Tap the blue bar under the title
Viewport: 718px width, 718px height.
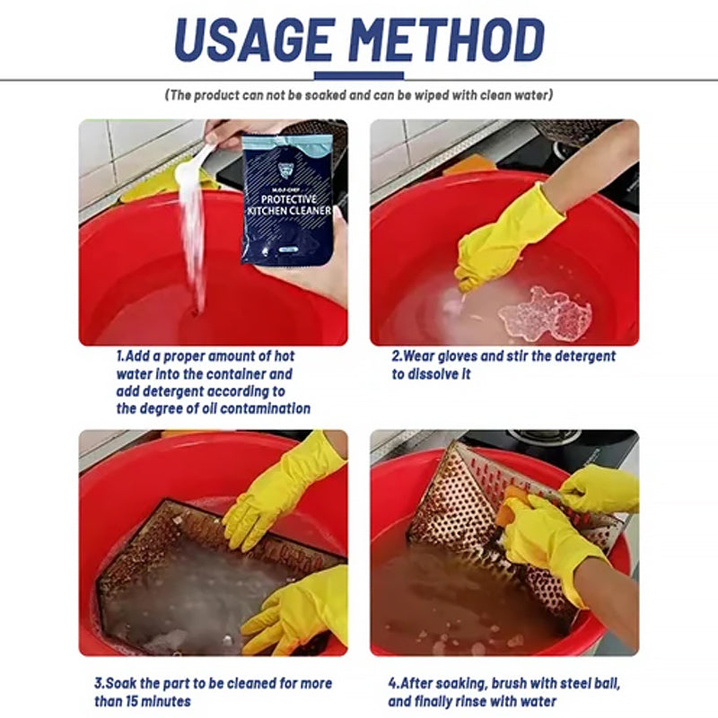coord(358,76)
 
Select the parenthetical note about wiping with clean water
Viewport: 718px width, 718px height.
coord(358,95)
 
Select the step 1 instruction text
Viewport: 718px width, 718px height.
coord(214,382)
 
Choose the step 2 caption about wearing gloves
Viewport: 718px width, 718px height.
coord(503,364)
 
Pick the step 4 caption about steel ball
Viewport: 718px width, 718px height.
coord(503,692)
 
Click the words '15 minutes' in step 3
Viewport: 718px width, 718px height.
coord(158,701)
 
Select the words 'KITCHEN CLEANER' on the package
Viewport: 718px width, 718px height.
coord(289,212)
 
